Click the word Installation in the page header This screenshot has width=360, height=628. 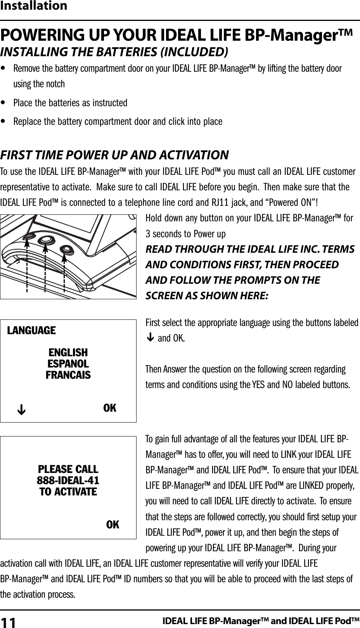[x=34, y=6]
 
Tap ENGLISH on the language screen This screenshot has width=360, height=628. [x=68, y=353]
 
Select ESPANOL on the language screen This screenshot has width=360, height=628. [x=68, y=364]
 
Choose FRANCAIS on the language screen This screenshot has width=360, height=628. [x=68, y=375]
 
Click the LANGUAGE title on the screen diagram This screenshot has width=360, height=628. [x=32, y=331]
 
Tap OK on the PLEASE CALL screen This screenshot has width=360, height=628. [x=113, y=524]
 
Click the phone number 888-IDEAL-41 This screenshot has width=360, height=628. [x=68, y=481]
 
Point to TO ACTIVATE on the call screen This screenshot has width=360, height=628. [x=68, y=492]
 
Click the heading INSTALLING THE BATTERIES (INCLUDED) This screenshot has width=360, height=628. [x=114, y=52]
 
